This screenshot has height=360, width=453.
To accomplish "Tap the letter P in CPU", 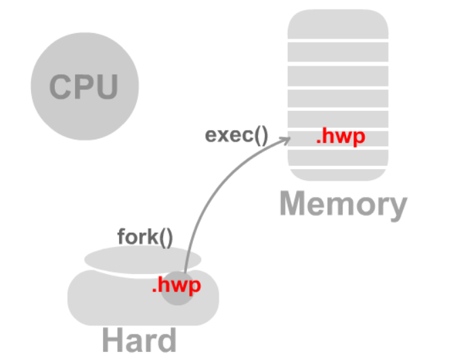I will tap(84, 87).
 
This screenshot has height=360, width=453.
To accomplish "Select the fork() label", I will tap(145, 238).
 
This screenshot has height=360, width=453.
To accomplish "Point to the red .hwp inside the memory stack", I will tap(341, 137).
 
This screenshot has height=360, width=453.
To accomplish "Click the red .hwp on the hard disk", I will tap(176, 286).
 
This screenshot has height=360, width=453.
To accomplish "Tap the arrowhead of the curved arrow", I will tap(287, 140).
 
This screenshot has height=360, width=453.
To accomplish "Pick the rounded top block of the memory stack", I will tap(338, 26).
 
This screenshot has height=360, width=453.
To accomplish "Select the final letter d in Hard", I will tap(165, 340).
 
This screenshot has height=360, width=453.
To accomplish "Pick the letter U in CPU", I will tap(106, 87).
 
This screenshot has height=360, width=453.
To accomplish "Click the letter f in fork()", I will tap(121, 238).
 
